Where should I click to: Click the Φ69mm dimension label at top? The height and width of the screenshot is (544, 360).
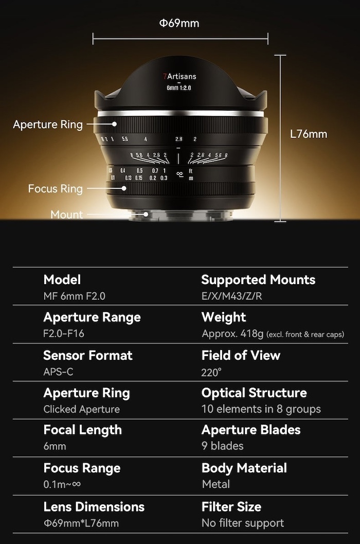[179, 23]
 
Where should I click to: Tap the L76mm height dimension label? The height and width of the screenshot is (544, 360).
[309, 134]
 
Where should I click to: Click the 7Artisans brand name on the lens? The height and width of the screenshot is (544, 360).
[179, 76]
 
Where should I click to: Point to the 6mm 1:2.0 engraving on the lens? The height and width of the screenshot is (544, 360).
[179, 88]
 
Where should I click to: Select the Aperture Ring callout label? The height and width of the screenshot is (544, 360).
[48, 124]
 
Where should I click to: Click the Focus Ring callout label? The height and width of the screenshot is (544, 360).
[56, 188]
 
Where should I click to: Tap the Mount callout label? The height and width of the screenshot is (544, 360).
[66, 215]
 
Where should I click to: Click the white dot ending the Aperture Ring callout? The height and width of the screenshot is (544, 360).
[115, 124]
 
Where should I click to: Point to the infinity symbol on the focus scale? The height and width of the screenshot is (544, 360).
[179, 174]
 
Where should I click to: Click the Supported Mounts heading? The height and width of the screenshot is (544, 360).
[258, 279]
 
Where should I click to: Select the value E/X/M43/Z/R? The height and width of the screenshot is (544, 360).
[231, 296]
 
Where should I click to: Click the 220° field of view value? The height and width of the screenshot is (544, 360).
[211, 372]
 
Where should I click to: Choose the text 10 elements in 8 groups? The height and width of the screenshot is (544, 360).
[261, 409]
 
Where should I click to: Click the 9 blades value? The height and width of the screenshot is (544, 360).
[223, 446]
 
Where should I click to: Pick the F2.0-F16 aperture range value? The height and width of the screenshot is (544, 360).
[64, 334]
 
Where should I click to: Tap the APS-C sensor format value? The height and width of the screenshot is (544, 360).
[58, 372]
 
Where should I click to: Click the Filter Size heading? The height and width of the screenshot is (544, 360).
[231, 506]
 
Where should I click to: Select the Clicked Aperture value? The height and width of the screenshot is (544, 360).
[81, 409]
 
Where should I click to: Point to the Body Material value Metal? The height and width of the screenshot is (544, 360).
[215, 484]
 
